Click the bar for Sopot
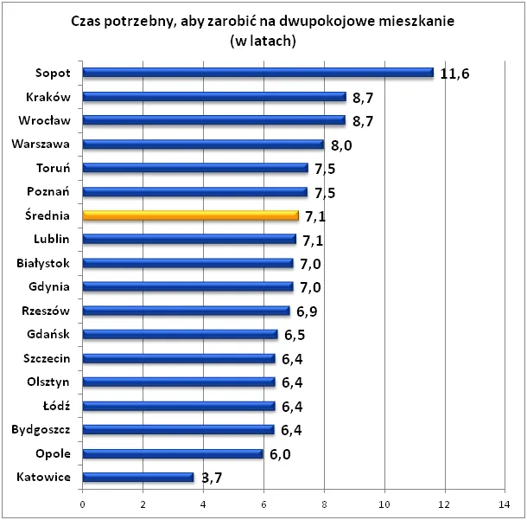[257, 74]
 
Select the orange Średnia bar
[190, 215]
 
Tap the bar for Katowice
[138, 477]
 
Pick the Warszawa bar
[203, 144]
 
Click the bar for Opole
[173, 453]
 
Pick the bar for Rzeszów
[186, 311]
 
